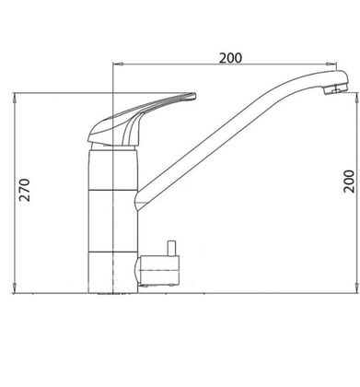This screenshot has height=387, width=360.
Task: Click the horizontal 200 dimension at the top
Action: (230, 58)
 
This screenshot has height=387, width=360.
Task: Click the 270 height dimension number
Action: (25, 190)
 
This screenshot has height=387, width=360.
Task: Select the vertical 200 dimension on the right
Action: (349, 182)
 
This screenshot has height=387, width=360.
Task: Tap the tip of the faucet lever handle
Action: (194, 96)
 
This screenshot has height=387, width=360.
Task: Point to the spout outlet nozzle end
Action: (336, 89)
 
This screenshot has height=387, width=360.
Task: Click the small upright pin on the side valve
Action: (171, 248)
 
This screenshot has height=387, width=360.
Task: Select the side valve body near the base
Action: (159, 270)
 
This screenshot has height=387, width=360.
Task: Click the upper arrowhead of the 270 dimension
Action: (15, 97)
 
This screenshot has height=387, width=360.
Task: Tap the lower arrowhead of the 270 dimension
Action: (15, 289)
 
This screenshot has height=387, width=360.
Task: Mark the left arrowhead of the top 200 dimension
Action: (118, 64)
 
